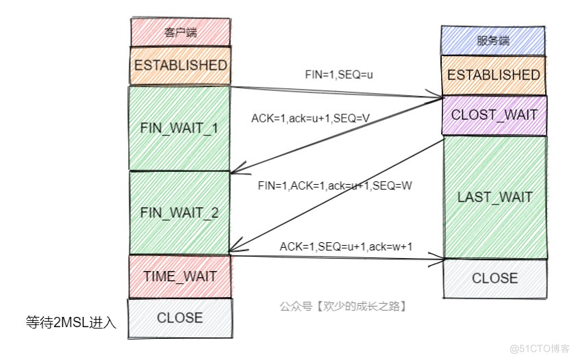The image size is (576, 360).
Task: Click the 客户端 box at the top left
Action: coord(180,32)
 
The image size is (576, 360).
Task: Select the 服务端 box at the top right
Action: coord(493,40)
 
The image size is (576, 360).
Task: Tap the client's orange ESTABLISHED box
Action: coord(180,66)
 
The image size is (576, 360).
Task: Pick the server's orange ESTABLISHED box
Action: coord(493,75)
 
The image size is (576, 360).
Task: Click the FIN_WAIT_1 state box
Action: coord(180,127)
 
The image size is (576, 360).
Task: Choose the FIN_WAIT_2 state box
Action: coord(180,212)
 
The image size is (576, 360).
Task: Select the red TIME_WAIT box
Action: coord(180,277)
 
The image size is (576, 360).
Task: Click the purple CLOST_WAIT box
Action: coord(493,115)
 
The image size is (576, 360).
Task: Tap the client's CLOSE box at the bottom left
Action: coord(180,318)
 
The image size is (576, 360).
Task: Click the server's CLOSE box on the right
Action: coord(494,279)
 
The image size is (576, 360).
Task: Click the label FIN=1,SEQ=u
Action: coord(339,73)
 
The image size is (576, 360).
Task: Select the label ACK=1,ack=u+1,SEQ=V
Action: coord(310,118)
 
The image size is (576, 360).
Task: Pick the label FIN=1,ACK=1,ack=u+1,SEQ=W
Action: coord(334,185)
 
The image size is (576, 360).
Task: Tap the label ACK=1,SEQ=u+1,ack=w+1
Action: coord(346,246)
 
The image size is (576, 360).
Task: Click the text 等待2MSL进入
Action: coord(71,322)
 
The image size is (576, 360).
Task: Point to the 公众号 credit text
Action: coord(343,307)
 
